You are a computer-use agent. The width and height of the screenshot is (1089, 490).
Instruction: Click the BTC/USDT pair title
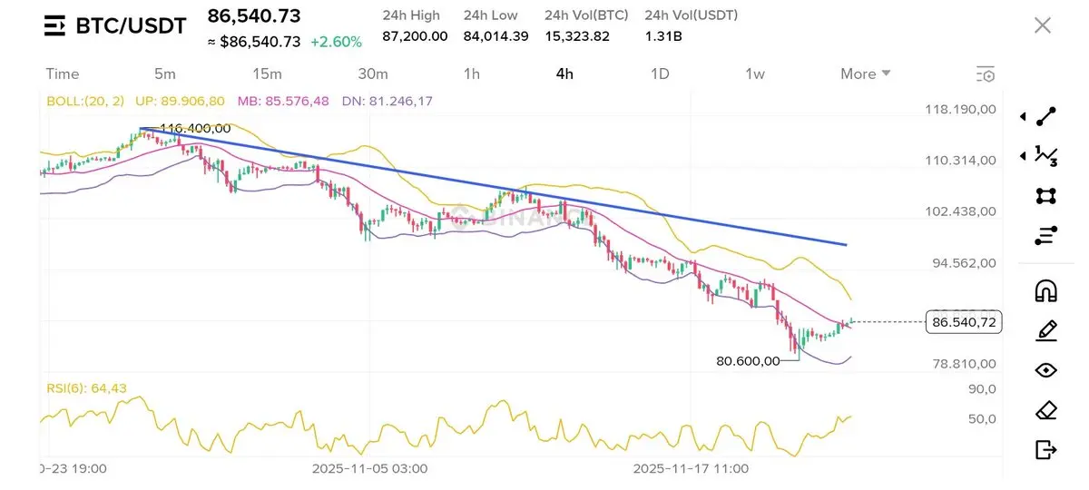[x=130, y=26]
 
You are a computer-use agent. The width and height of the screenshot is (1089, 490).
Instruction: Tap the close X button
[x=1043, y=25]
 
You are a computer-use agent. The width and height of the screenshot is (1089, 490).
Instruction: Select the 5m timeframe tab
[x=165, y=73]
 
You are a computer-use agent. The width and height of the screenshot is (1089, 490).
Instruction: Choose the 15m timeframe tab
[x=267, y=73]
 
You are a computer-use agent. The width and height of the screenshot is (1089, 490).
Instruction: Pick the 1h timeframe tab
[x=471, y=73]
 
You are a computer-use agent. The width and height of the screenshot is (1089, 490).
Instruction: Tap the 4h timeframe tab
[x=564, y=73]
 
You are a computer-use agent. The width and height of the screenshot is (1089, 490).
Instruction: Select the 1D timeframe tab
[x=660, y=73]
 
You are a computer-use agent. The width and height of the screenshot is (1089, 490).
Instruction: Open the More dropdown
[x=865, y=73]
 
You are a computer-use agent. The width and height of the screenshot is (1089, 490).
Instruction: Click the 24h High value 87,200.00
[x=415, y=36]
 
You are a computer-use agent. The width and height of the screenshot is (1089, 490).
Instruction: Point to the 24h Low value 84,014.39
[x=495, y=36]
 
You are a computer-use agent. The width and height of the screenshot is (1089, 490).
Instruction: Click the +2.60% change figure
[x=336, y=42]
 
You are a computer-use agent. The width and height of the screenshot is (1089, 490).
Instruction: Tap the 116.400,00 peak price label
[x=194, y=129]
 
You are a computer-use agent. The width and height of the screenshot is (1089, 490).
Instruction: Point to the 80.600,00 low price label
[x=748, y=361]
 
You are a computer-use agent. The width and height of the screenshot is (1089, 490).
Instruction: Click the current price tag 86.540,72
[x=964, y=322]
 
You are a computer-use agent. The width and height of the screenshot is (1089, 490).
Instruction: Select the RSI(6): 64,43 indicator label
[x=87, y=388]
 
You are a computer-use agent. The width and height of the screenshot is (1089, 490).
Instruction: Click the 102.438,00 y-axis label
[x=961, y=211]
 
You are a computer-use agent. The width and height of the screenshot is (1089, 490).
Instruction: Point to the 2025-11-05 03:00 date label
[x=369, y=469]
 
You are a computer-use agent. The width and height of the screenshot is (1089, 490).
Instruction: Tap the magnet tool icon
[x=1045, y=291]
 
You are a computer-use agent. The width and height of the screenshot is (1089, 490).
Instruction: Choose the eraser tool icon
[x=1045, y=410]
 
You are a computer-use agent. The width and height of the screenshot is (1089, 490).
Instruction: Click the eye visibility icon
[x=1045, y=370]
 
